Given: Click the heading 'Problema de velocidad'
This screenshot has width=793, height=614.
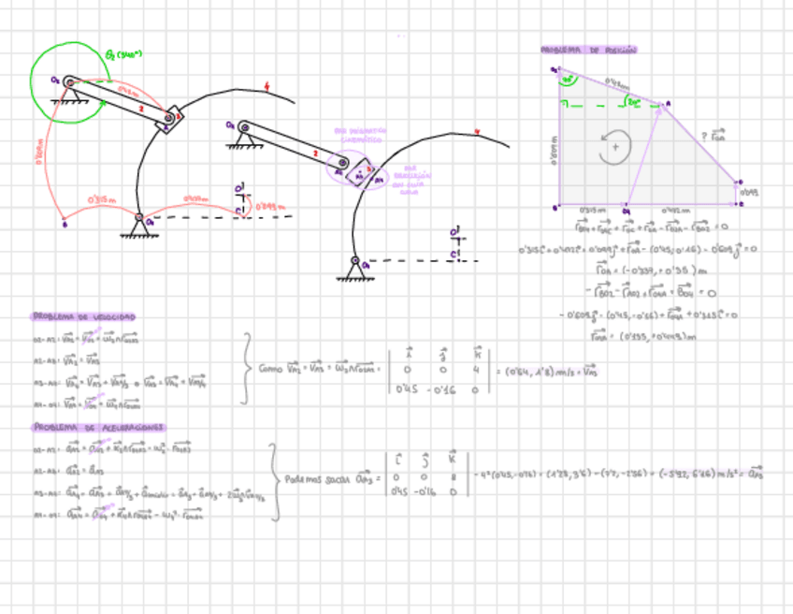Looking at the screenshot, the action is point(85,317).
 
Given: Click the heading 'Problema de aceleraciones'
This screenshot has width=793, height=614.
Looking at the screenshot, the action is point(99,428).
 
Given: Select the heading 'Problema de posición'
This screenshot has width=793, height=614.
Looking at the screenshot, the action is point(588,50).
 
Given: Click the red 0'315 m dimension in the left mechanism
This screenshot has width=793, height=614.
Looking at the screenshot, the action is point(101,199).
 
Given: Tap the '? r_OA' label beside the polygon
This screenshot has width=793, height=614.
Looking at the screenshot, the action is point(714,137).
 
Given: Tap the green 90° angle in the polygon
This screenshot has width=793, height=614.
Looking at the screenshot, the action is point(566,82).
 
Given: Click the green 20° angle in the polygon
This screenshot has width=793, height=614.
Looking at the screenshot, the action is point(634,99).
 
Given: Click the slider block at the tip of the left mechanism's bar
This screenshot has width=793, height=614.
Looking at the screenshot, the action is point(169,120).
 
